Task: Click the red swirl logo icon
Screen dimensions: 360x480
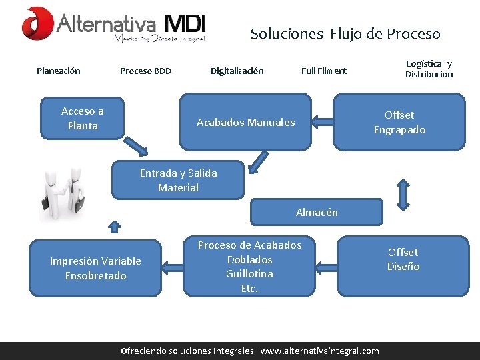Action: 37,23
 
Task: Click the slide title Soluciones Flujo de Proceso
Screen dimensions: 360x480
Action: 345,33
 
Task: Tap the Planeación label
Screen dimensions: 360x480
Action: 59,71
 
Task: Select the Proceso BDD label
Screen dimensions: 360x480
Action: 145,71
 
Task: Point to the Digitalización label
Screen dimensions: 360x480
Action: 237,71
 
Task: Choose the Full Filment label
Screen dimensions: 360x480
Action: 324,71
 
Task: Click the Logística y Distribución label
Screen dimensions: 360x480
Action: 429,69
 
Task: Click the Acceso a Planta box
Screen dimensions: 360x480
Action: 83,118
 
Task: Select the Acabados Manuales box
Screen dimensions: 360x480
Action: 245,122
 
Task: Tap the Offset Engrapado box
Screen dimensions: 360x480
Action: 399,122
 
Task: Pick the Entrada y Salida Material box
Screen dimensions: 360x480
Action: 178,180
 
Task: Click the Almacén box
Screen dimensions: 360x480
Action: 317,212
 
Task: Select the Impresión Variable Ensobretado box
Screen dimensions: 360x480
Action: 95,268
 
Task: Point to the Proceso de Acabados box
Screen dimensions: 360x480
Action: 249,267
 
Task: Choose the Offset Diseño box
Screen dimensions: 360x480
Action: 403,259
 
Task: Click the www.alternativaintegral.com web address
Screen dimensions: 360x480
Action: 319,351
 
